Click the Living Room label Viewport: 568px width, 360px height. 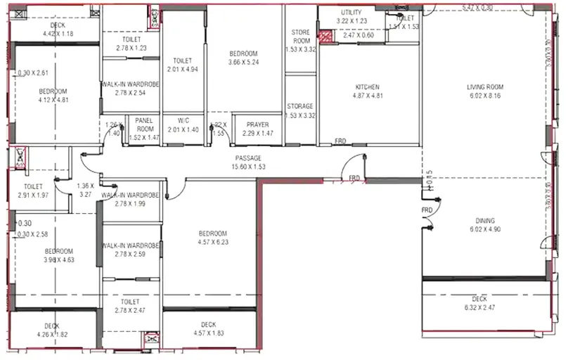click(486, 87)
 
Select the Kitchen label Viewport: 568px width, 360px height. click(367, 87)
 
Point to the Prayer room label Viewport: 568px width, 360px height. click(257, 124)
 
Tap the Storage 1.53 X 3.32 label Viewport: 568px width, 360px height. click(301, 115)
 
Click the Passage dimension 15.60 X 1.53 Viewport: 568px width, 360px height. click(248, 167)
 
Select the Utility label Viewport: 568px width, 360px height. click(351, 13)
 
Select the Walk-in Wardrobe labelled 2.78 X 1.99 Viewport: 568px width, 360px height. click(130, 204)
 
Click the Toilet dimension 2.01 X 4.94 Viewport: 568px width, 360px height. click(183, 70)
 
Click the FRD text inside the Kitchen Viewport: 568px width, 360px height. click(340, 140)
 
